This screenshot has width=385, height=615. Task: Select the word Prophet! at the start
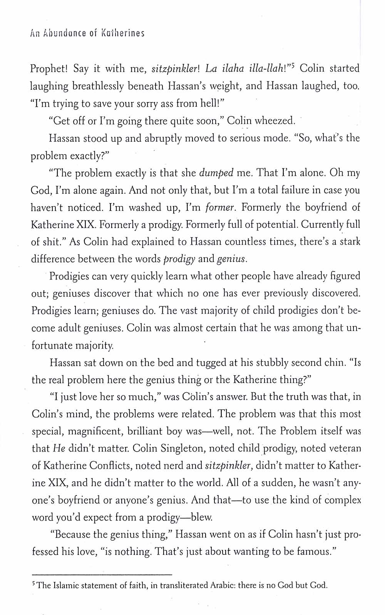(x=49, y=69)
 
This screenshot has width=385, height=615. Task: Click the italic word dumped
(x=216, y=173)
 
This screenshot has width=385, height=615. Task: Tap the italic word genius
(x=231, y=259)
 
